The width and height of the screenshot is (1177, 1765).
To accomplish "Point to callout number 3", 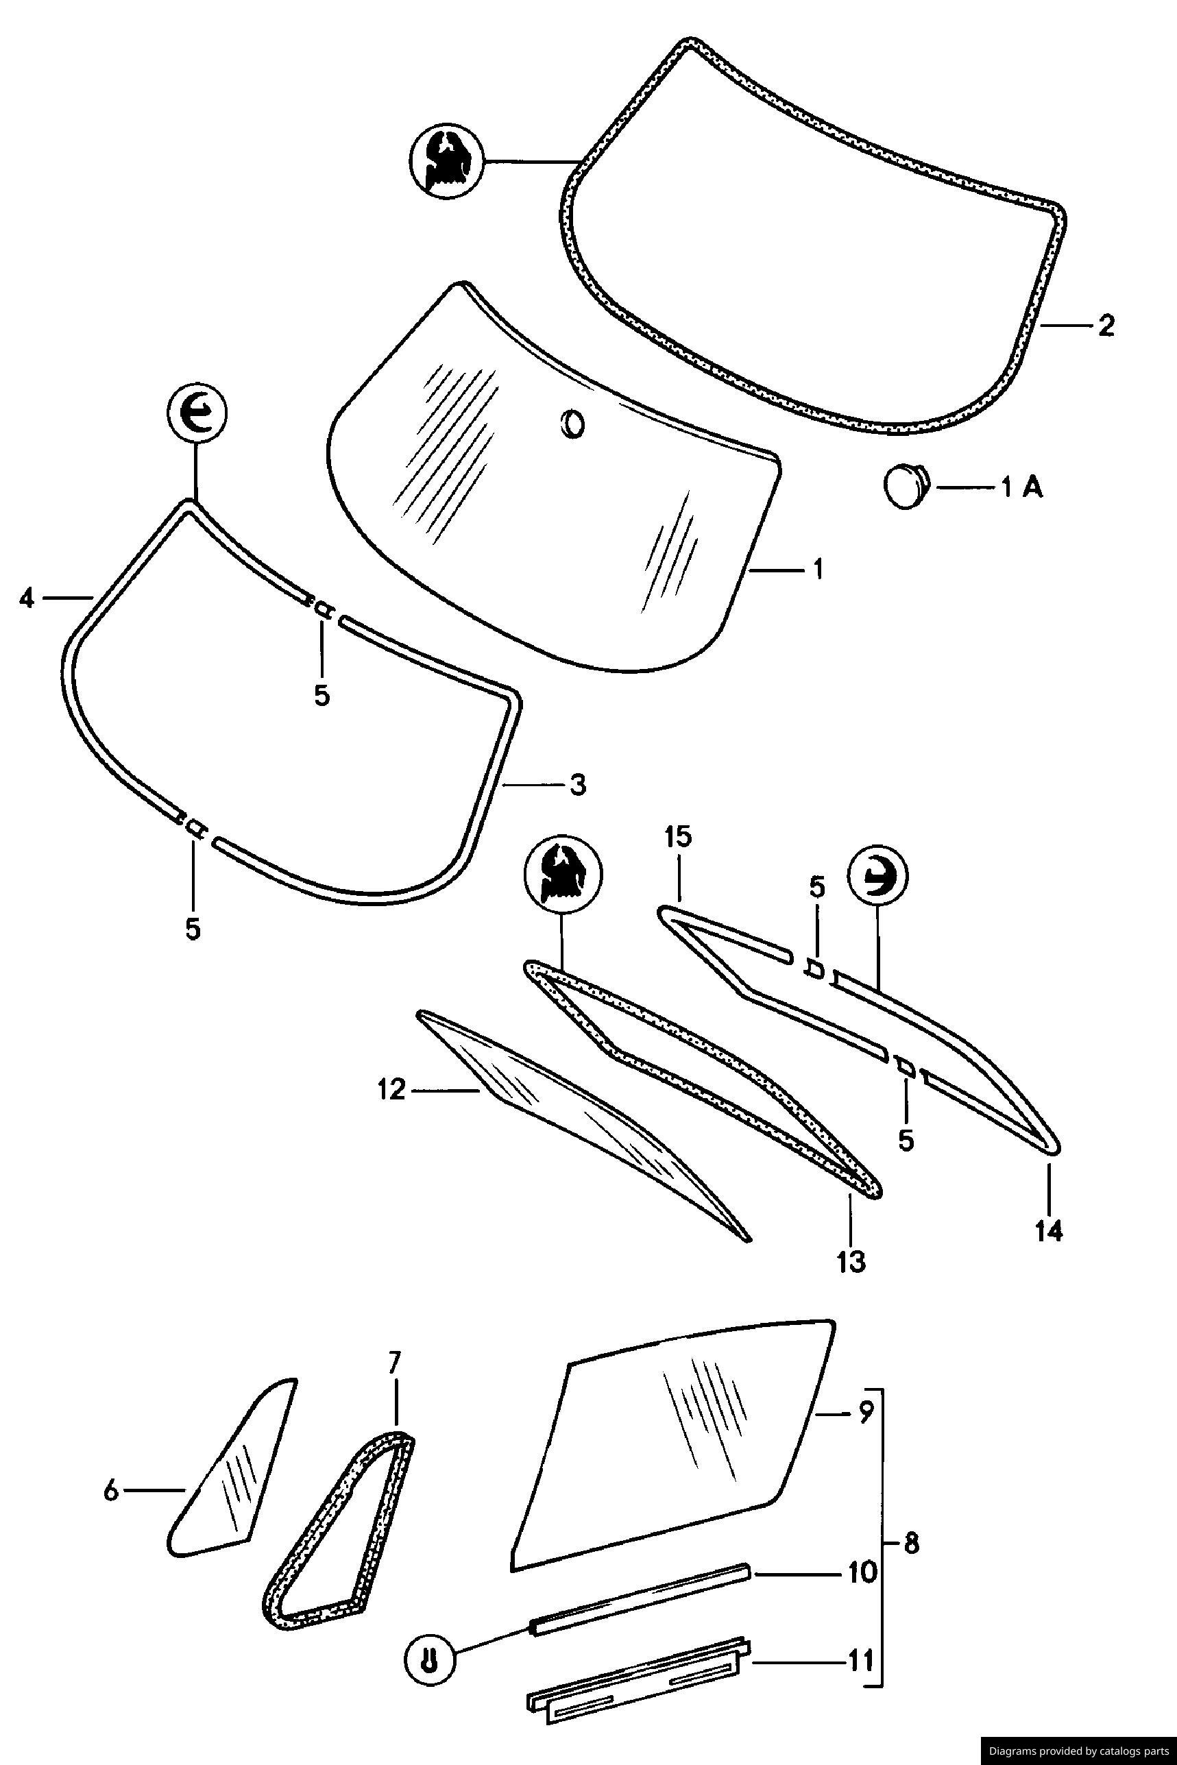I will pyautogui.click(x=577, y=785).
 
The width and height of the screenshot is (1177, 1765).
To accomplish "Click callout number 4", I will pyautogui.click(x=27, y=599).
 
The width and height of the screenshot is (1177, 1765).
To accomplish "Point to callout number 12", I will pyautogui.click(x=391, y=1089).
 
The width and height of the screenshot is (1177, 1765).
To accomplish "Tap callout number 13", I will pyautogui.click(x=852, y=1261).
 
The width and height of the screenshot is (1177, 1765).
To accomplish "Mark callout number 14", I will pyautogui.click(x=1049, y=1230).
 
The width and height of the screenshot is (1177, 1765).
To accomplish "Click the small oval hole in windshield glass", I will pyautogui.click(x=572, y=424).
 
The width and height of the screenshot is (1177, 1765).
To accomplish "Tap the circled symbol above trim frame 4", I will pyautogui.click(x=197, y=414).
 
